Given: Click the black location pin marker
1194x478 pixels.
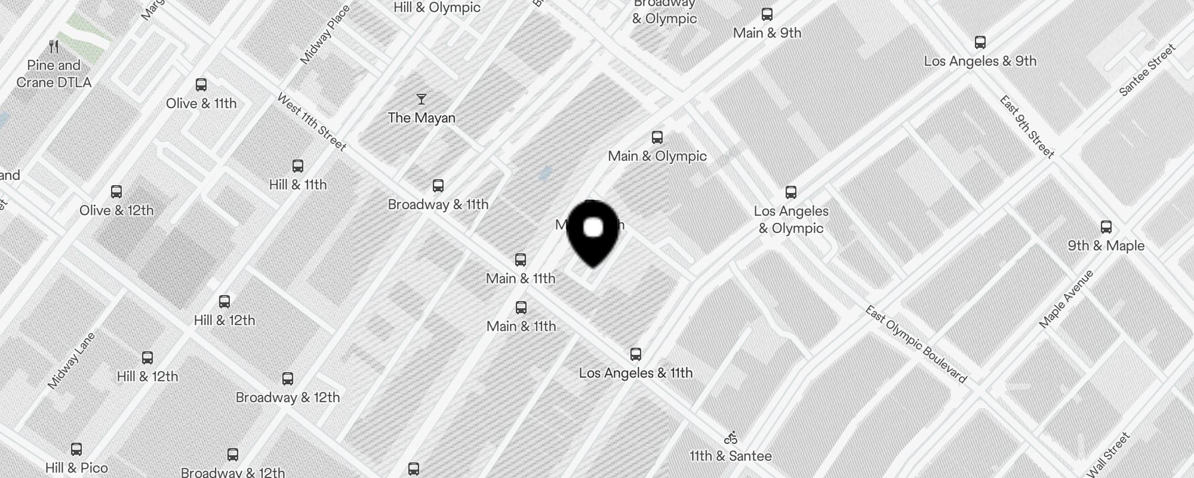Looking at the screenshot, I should click(593, 232).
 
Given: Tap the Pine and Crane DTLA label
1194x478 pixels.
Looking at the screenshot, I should click(54, 73).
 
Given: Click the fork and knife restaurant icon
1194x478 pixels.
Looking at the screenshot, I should click(54, 46).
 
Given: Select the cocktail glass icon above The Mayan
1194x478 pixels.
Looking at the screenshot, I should click(421, 99).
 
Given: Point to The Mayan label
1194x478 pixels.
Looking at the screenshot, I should click(421, 118).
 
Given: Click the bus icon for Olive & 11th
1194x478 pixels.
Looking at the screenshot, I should click(201, 85).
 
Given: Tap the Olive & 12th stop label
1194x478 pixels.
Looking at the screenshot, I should click(116, 210).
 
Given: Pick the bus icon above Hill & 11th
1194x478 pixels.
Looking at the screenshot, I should click(298, 166).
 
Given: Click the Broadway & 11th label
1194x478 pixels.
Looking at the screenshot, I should click(438, 204).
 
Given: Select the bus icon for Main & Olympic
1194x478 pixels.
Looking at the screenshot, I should click(657, 137).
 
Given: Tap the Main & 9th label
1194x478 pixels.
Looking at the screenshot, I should click(767, 33).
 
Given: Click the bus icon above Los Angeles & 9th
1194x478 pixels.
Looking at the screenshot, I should click(980, 42).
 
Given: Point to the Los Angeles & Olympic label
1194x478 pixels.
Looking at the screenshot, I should click(791, 219).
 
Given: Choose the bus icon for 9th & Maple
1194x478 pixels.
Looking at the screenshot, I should click(1106, 227).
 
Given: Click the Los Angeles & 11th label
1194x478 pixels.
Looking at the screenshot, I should click(636, 373).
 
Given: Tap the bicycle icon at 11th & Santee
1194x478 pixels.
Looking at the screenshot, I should click(731, 438).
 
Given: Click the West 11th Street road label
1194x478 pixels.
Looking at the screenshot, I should click(312, 122).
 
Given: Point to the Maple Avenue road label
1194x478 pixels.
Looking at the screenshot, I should click(1066, 299).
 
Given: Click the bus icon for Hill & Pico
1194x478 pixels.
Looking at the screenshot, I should click(76, 449).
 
